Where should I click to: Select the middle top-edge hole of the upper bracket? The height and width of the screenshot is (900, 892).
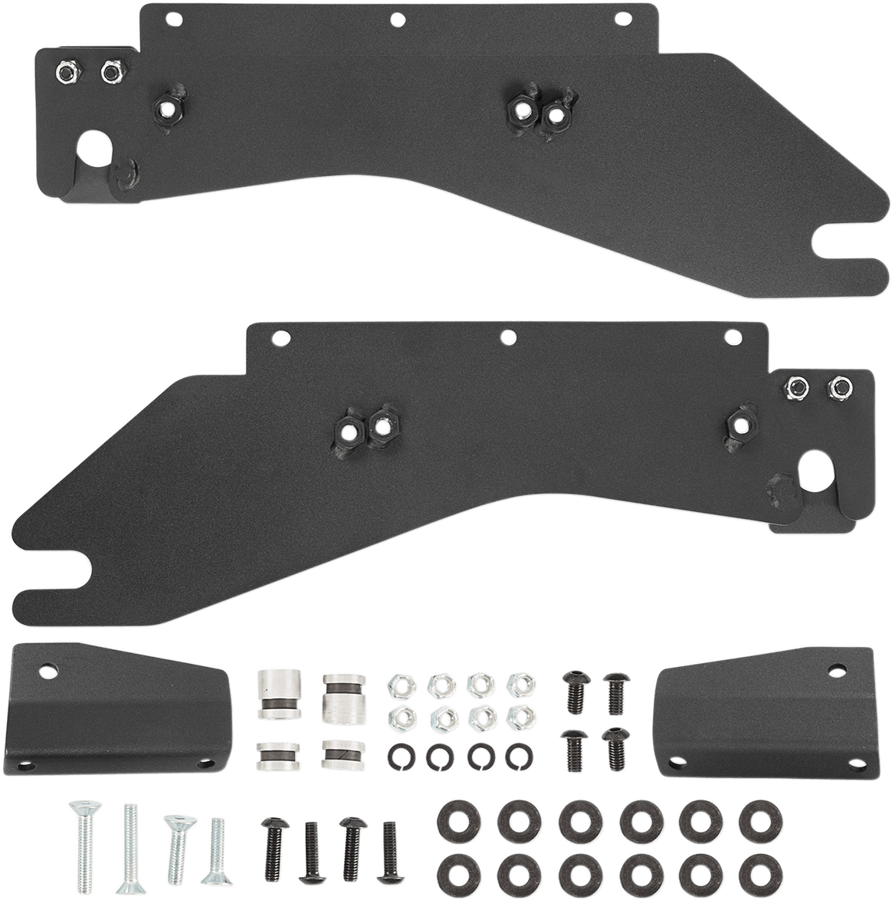point(396,18)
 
